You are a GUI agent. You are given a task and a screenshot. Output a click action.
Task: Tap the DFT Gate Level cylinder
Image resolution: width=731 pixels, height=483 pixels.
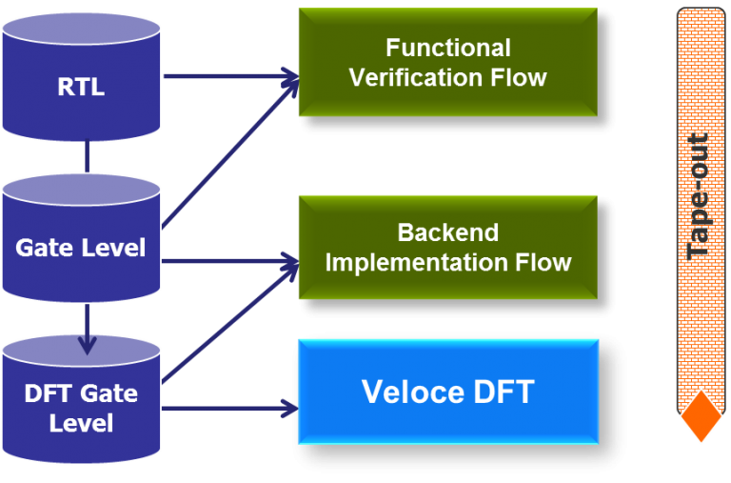81,405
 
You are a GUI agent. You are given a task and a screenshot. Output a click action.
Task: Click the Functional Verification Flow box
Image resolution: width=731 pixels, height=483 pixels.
447,63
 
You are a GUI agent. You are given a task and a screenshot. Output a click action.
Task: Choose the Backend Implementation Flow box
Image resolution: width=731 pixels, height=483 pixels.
447,248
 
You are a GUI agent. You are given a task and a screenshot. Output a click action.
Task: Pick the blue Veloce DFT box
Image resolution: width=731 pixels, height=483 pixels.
447,392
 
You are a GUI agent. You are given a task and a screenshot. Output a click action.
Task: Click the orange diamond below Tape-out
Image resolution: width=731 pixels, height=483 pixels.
701,416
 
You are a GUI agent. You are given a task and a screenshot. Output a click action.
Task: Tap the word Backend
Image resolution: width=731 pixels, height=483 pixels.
447,232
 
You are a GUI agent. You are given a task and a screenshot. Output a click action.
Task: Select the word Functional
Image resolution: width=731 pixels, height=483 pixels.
447,48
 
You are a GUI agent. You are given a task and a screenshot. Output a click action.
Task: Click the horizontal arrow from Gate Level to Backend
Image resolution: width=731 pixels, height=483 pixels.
228,259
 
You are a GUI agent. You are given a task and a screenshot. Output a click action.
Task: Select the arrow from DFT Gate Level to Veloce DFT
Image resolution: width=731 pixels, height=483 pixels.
228,408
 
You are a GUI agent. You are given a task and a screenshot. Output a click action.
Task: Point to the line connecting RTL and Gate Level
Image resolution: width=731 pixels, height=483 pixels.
88,158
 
